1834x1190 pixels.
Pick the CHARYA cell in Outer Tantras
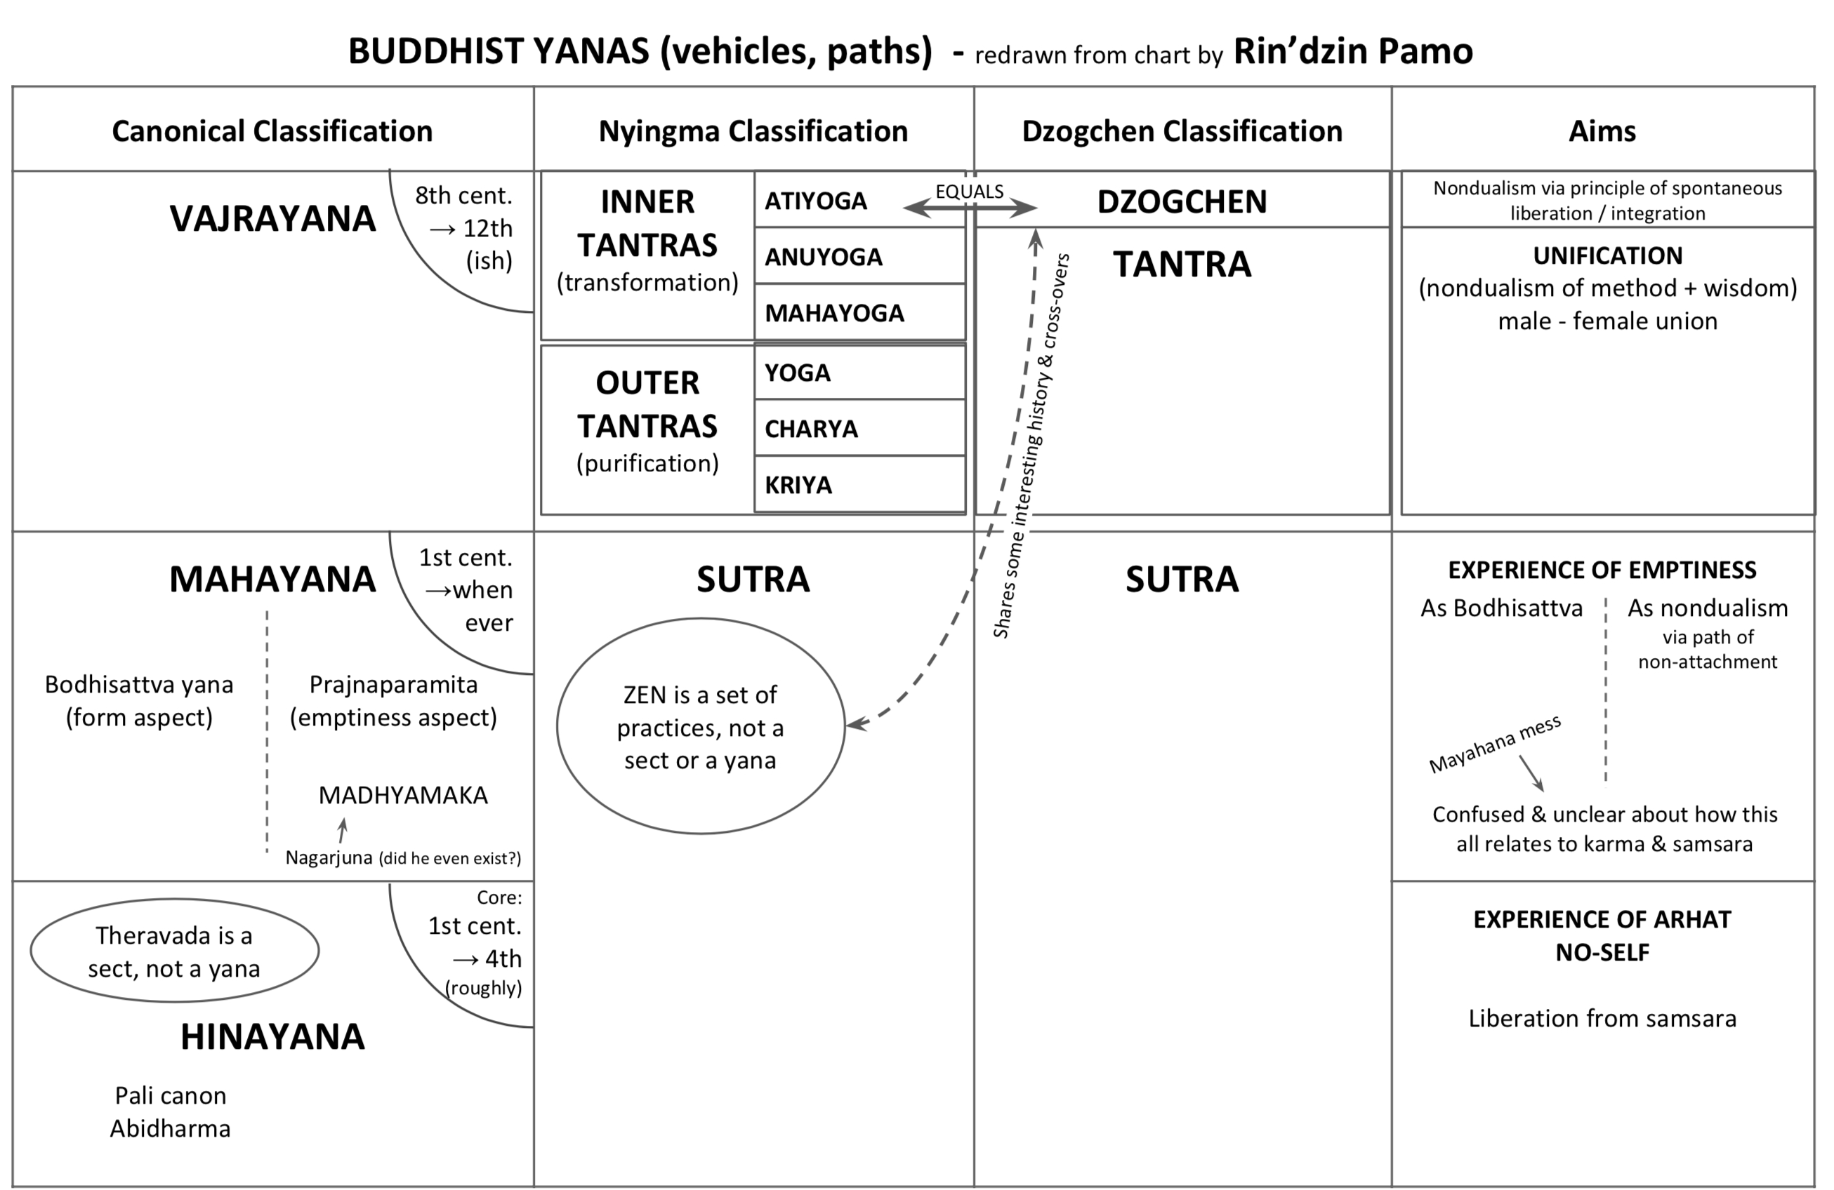click(859, 428)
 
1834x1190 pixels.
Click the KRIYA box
click(859, 484)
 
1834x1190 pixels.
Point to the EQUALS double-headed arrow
click(970, 207)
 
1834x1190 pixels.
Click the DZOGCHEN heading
click(1181, 202)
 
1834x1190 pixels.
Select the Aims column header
click(1602, 131)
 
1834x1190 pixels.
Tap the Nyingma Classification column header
click(753, 131)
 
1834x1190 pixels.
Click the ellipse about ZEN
click(700, 726)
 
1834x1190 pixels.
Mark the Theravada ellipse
click(174, 951)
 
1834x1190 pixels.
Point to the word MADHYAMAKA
click(403, 795)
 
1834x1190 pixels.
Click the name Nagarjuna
click(329, 857)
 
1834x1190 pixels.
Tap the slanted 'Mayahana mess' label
click(1494, 743)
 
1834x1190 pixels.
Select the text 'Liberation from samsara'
click(1602, 1018)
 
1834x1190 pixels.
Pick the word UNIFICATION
click(1607, 255)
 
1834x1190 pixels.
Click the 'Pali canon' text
click(171, 1095)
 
